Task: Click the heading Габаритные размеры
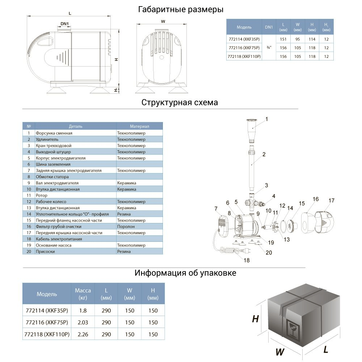pos(180,9)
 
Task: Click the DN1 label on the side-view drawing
pos(65,24)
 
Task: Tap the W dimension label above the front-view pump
pos(163,21)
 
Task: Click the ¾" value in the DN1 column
pos(268,48)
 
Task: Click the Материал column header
pos(139,126)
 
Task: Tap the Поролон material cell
pos(126,227)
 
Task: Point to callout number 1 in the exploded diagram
pos(266,119)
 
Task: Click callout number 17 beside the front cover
pos(331,201)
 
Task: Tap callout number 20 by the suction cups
pos(268,253)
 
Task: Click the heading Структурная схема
pos(180,102)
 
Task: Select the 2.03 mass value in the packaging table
pos(83,323)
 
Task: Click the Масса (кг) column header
pos(83,294)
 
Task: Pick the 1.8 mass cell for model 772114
pos(83,311)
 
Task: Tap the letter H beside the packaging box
pos(256,319)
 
